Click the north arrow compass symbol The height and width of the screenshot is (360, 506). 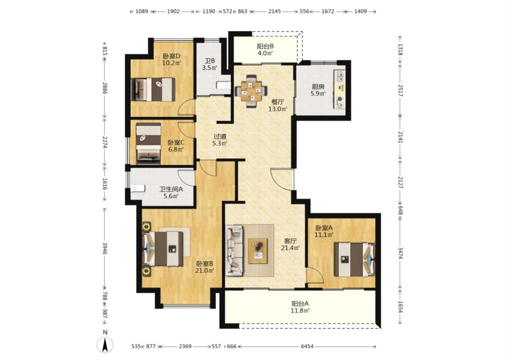[x=105, y=345]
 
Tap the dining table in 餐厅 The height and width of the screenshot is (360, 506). [x=251, y=91]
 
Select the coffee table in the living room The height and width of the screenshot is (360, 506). [x=258, y=251]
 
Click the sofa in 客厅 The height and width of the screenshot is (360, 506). [x=234, y=251]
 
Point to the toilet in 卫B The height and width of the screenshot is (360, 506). [x=223, y=85]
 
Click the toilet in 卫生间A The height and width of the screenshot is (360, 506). [x=138, y=188]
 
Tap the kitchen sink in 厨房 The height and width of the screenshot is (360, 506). [x=340, y=76]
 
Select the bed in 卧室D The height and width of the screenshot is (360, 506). [x=153, y=90]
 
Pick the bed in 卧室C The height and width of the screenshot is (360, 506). [x=148, y=143]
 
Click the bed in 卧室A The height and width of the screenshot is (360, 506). [x=355, y=260]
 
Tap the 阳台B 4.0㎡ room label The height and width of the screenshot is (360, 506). [x=265, y=50]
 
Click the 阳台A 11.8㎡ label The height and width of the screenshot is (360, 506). [x=300, y=307]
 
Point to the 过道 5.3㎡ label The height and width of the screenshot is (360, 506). [x=220, y=140]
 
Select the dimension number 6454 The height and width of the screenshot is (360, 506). [x=307, y=346]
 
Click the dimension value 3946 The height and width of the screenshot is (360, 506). [x=105, y=248]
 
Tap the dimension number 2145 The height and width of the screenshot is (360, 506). [x=274, y=11]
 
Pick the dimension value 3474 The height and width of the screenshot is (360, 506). [x=400, y=253]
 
